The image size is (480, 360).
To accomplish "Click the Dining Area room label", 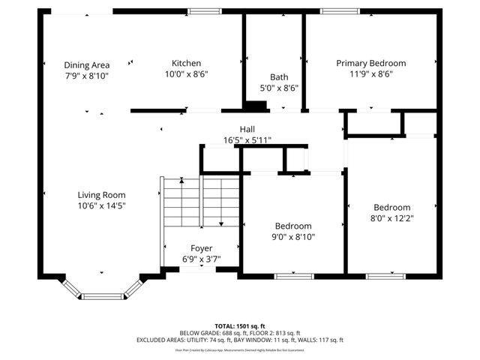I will pyautogui.click(x=86, y=65).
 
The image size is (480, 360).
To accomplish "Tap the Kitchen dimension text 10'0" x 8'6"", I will pyautogui.click(x=186, y=74).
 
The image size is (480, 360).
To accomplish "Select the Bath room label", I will pyautogui.click(x=278, y=77).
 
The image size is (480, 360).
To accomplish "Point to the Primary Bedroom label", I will pyautogui.click(x=370, y=64).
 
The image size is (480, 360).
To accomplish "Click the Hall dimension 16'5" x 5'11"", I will pyautogui.click(x=247, y=140).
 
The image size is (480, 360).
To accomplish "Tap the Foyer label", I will pyautogui.click(x=201, y=248).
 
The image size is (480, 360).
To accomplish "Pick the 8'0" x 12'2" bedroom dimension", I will pyautogui.click(x=392, y=218).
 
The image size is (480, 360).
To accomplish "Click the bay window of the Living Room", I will pyautogui.click(x=102, y=295).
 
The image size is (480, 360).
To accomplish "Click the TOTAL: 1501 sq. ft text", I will pyautogui.click(x=239, y=325).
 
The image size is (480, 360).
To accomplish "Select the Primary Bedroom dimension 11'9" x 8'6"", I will pyautogui.click(x=370, y=74).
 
